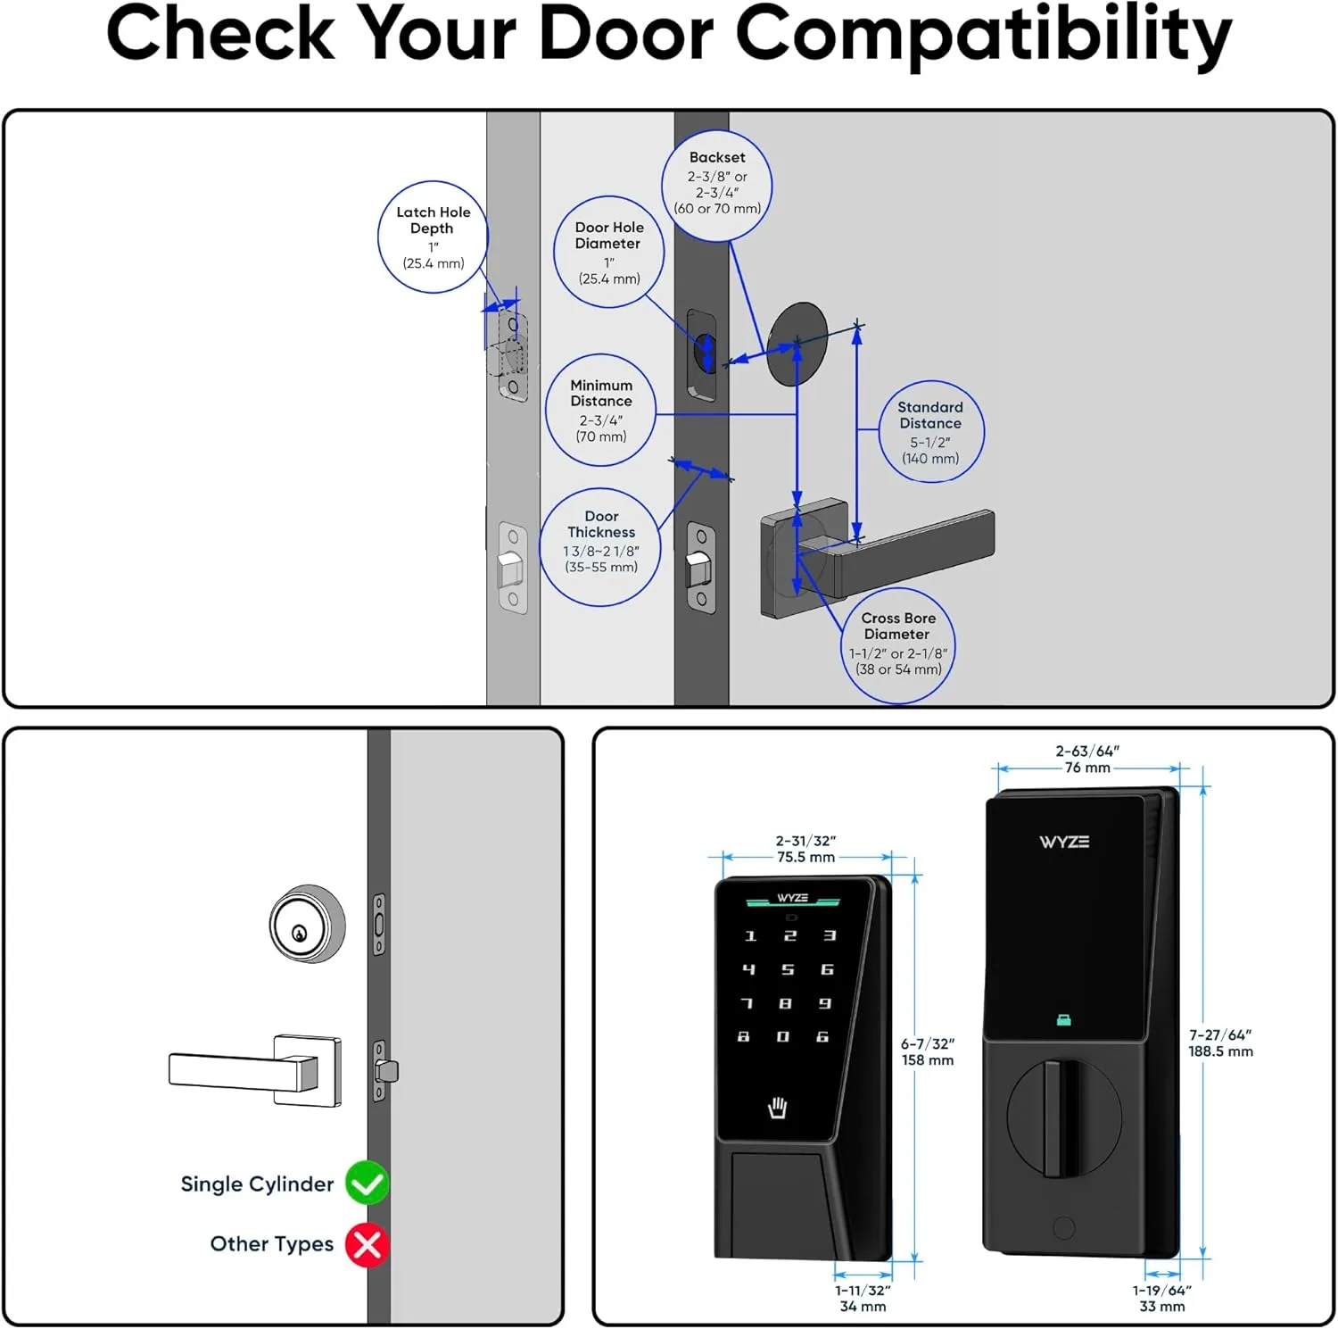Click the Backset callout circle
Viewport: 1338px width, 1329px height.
pos(716,185)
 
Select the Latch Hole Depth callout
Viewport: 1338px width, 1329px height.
pos(433,237)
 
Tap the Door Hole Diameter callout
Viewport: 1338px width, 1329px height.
pos(608,253)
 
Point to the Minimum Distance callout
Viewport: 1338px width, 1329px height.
pos(601,411)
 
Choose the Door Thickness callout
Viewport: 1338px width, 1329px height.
pos(600,546)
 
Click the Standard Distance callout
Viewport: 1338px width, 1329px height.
pos(929,432)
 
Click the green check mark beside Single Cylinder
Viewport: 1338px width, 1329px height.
pos(367,1183)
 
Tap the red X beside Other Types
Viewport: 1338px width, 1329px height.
pos(367,1244)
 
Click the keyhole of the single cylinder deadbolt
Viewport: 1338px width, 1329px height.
pos(300,934)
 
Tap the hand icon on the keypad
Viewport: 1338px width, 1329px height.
pos(778,1108)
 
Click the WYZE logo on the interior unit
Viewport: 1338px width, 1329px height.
pos(1063,842)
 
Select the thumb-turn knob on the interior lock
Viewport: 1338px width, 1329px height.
pos(1061,1117)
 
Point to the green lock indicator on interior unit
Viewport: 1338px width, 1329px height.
pos(1063,1020)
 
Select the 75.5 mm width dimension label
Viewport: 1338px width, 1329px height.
pos(805,858)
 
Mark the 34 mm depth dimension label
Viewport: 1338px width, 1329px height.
pos(863,1307)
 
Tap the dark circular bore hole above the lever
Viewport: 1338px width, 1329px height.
pos(797,344)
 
